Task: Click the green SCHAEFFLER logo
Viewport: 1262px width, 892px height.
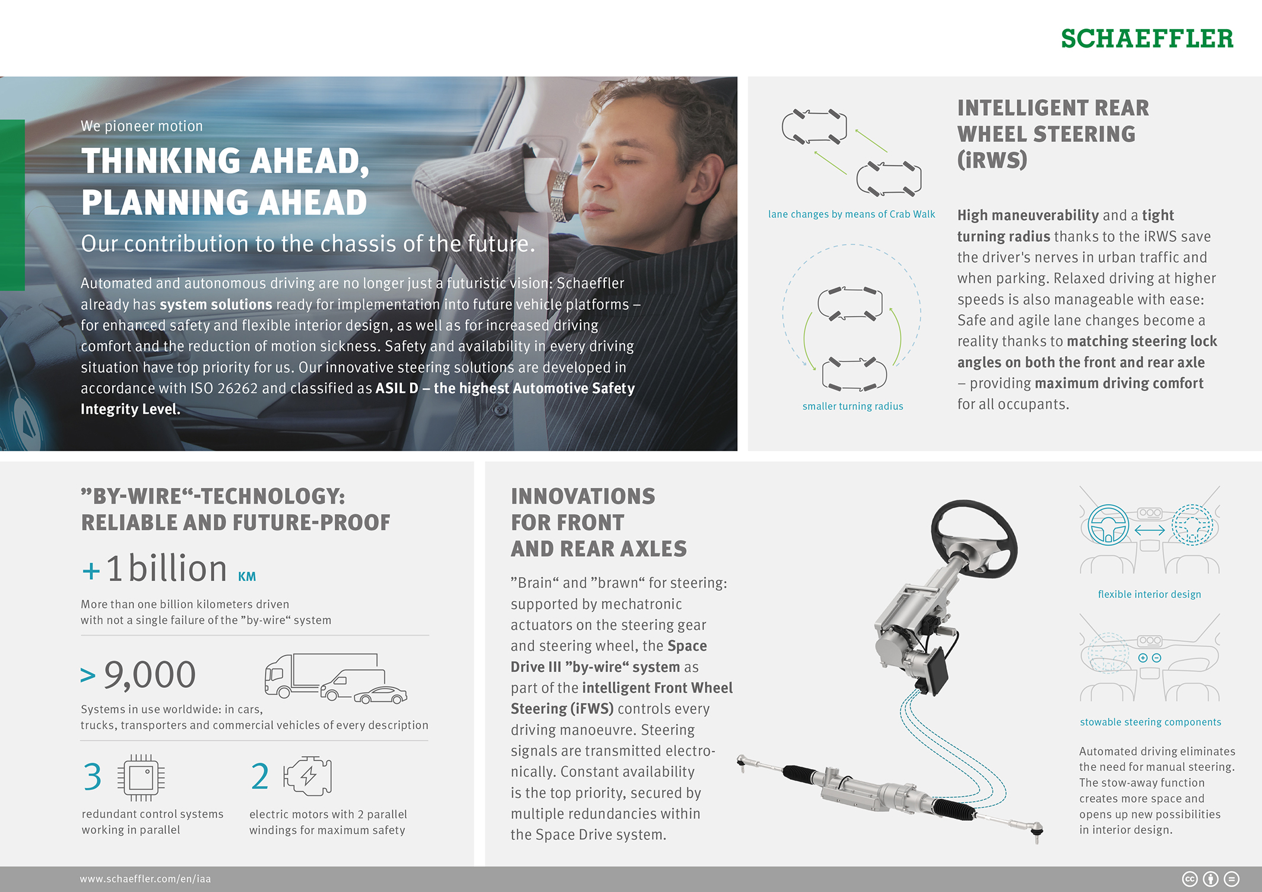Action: coord(1146,39)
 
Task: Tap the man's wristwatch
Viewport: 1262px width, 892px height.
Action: coord(559,195)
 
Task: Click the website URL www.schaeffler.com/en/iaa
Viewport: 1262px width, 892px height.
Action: coord(145,879)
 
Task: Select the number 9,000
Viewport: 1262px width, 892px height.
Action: coord(150,675)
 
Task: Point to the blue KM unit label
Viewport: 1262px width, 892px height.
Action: coord(247,577)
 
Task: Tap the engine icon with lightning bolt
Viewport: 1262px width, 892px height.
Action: coord(308,776)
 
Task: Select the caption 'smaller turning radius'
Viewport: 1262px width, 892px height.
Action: coord(852,407)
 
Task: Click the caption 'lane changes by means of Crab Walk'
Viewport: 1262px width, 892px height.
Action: coord(851,214)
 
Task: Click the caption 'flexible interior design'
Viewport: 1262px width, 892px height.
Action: coord(1149,595)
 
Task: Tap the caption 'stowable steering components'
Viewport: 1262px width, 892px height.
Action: coord(1150,722)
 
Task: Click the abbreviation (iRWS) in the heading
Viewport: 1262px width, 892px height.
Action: coord(992,160)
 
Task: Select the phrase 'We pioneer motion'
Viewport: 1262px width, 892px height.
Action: coord(142,126)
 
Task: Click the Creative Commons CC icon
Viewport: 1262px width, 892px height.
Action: coord(1190,879)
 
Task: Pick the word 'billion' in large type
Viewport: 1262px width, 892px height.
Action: coord(177,569)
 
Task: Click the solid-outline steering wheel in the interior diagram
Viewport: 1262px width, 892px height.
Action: coord(1108,525)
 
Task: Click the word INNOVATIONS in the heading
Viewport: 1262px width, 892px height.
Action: coord(583,496)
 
